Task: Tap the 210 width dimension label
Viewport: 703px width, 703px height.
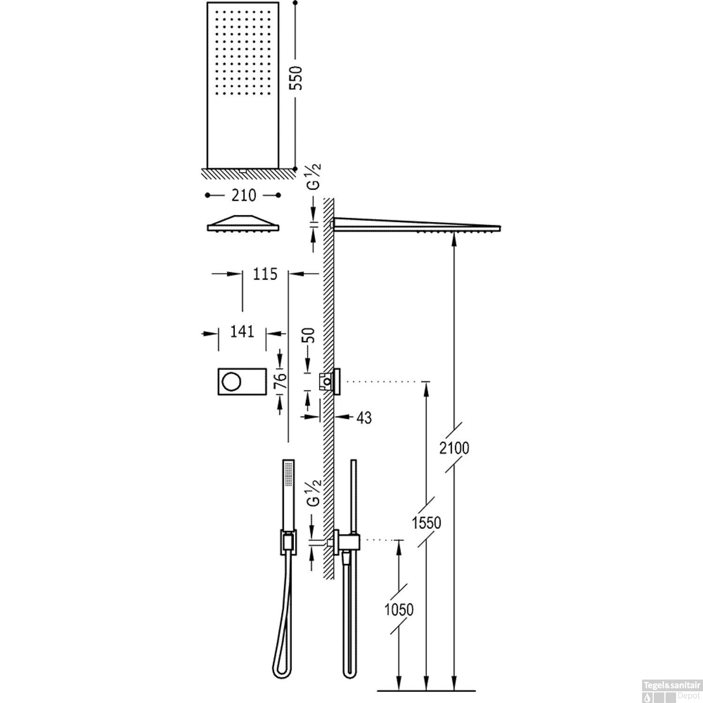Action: coord(243,195)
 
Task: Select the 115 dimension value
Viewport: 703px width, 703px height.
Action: coord(265,273)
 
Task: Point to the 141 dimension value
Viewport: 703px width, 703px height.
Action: coord(242,332)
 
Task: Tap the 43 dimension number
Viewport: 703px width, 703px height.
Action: coord(364,418)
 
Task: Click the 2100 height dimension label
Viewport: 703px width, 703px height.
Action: coord(454,448)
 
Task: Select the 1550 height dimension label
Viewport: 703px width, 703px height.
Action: coord(426,522)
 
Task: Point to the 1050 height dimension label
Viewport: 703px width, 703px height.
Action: coord(399,610)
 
